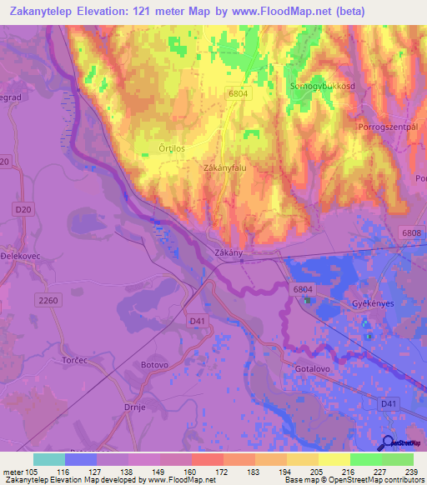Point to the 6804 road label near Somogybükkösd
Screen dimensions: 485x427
coord(239,94)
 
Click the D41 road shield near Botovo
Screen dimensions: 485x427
coord(196,319)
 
